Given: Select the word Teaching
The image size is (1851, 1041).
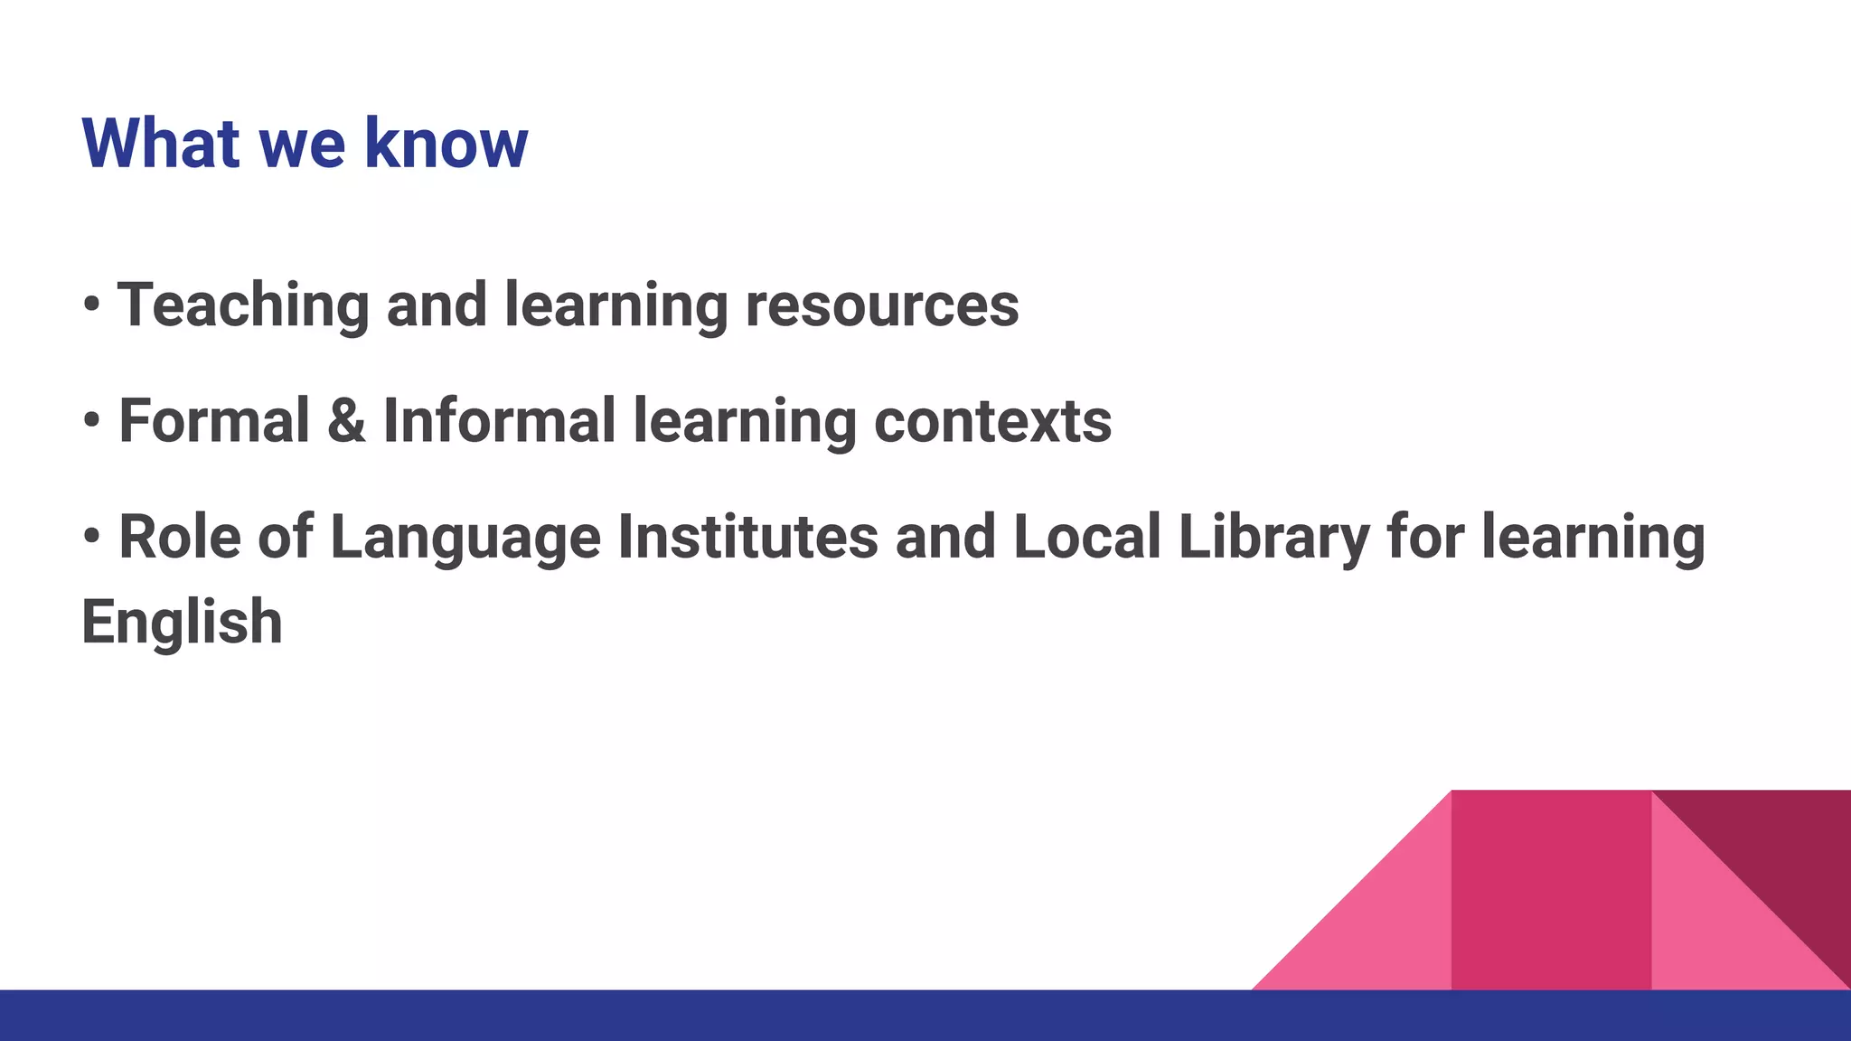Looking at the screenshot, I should click(x=243, y=305).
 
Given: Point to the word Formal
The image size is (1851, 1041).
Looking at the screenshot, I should click(x=214, y=421).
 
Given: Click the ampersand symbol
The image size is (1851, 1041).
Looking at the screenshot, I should click(x=346, y=421).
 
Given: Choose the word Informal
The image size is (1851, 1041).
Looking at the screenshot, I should click(x=499, y=421).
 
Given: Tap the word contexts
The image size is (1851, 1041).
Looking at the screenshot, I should click(x=992, y=421).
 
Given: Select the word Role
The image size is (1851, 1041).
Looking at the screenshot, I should click(x=179, y=537).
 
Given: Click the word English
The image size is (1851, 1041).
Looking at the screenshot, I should click(x=182, y=624).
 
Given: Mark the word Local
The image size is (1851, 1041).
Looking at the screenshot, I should click(x=1086, y=537).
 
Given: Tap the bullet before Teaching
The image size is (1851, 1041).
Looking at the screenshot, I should click(x=91, y=304).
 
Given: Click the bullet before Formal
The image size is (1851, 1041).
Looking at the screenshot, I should click(x=91, y=419).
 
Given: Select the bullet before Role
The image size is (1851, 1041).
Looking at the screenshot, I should click(x=91, y=535).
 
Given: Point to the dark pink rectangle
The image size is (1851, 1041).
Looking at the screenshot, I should click(x=1551, y=890).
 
